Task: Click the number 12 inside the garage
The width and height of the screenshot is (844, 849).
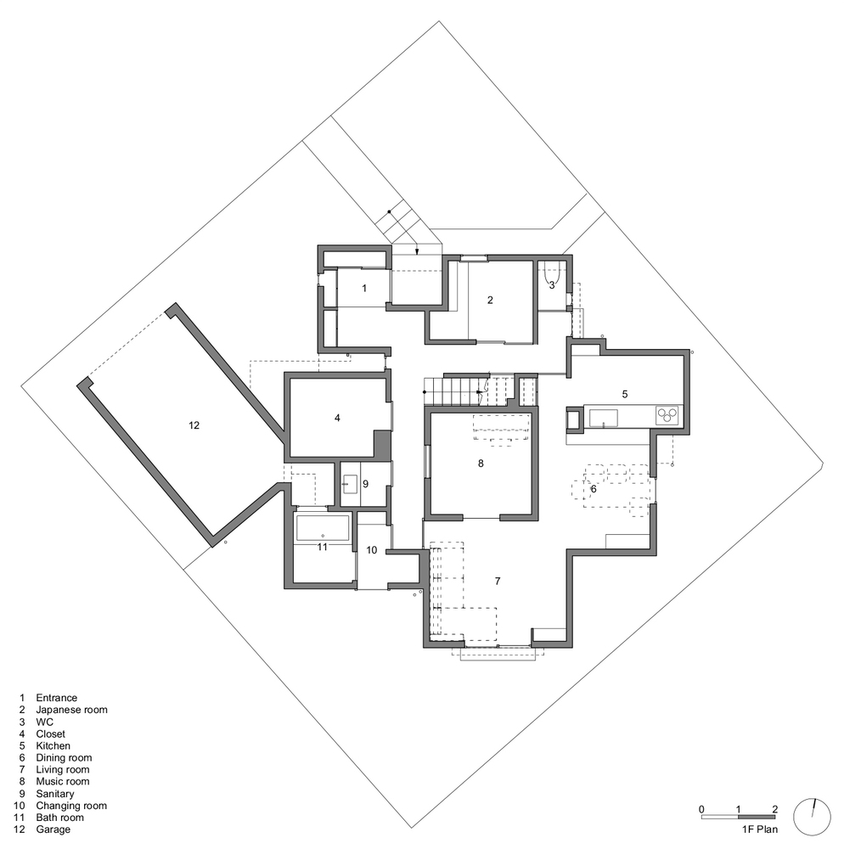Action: coord(194,425)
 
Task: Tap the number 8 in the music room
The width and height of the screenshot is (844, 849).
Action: coord(481,464)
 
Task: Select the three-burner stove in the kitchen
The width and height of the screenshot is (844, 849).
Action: coord(670,415)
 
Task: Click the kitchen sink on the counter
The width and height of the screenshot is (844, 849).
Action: coord(603,418)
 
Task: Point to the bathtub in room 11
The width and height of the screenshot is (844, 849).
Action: coord(322,528)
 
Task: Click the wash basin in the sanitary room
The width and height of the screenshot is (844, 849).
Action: coord(350,484)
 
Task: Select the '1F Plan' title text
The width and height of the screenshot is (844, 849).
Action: coord(760,829)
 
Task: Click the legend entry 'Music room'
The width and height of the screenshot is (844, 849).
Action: coord(62,781)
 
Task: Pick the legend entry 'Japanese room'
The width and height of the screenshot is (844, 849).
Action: coord(71,710)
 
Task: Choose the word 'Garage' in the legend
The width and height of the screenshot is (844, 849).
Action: coord(53,829)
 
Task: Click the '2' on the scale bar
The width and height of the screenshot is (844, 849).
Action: coord(774,809)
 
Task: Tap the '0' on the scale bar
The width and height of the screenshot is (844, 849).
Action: coord(701,809)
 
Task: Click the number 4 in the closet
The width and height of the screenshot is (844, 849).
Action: coord(337,418)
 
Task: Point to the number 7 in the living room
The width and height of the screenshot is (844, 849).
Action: coord(498,581)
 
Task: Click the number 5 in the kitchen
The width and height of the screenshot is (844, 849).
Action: coord(625,394)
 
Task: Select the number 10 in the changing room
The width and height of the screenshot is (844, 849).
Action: coord(371,550)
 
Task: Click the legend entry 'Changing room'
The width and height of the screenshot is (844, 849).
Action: coord(71,806)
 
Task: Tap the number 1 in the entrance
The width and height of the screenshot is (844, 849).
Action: coord(364,288)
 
